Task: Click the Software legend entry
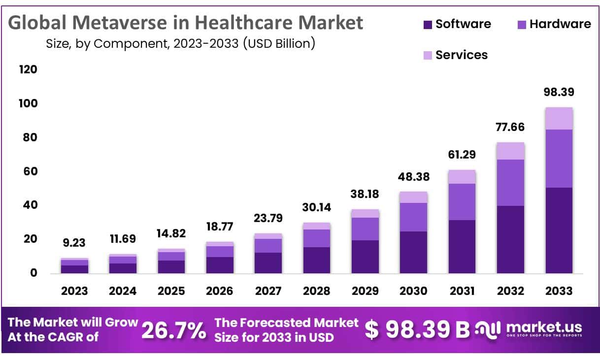[457, 24]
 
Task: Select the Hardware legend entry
[554, 24]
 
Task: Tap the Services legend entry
[456, 55]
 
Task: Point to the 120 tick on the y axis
[28, 69]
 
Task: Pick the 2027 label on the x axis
[268, 291]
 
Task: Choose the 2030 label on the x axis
[413, 291]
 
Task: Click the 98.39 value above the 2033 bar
[559, 92]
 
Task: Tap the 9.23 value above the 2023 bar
[74, 243]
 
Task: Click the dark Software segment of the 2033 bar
[559, 230]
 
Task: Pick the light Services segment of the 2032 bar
[510, 151]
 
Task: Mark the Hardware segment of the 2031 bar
[462, 201]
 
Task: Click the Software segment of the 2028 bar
[316, 260]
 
